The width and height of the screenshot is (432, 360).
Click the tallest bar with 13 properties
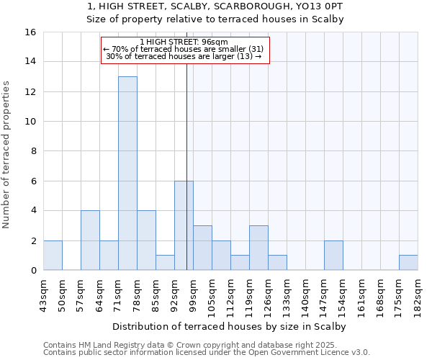tap(127, 173)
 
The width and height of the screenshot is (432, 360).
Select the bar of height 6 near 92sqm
tap(184, 225)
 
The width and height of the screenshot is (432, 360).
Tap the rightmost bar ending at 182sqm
tap(408, 263)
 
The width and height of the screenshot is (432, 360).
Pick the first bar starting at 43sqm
tap(53, 256)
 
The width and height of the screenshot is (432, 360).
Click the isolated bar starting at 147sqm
tap(333, 256)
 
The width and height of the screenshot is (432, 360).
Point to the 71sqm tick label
tap(119, 292)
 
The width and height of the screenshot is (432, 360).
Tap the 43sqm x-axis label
tap(44, 292)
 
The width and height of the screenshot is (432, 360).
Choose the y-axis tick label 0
tap(32, 270)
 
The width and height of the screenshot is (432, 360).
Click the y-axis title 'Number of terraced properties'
tap(7, 154)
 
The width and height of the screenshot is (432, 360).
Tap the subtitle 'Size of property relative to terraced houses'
tap(215, 19)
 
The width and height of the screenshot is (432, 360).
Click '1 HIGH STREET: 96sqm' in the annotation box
tap(184, 42)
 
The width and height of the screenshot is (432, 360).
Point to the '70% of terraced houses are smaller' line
tap(184, 49)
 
